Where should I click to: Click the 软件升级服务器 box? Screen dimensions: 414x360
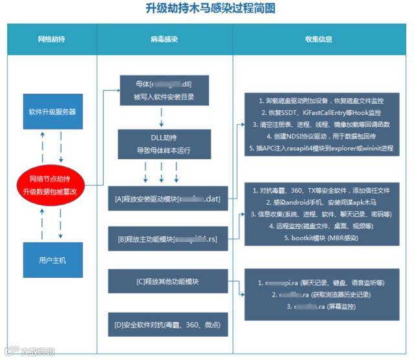click(x=52, y=111)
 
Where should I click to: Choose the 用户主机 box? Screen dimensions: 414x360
click(x=52, y=260)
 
